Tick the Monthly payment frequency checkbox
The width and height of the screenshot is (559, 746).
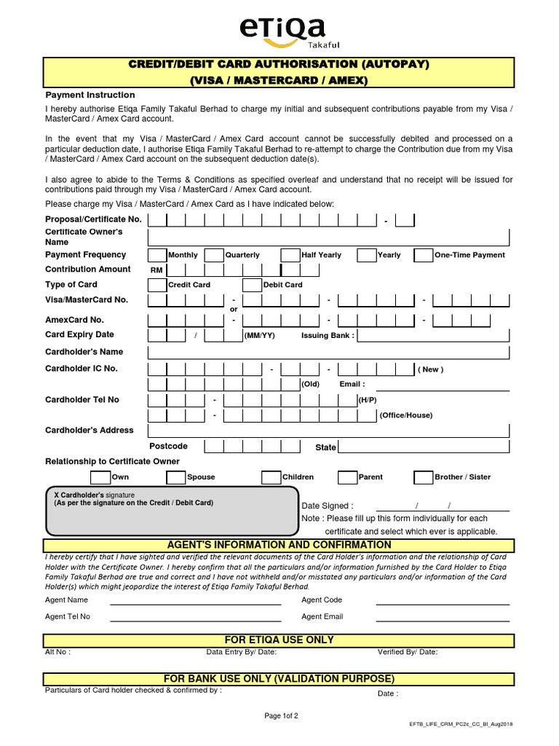coord(156,255)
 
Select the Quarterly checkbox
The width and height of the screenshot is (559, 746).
coord(213,255)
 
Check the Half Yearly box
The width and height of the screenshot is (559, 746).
coord(290,255)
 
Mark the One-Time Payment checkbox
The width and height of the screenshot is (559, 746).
coord(423,255)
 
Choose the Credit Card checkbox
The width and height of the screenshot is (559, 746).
coord(156,285)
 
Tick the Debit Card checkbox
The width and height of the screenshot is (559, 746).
coord(252,285)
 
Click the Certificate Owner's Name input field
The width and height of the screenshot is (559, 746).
coord(328,237)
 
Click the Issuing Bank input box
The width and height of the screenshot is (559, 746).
coord(433,335)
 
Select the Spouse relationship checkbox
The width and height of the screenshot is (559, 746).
coord(175,477)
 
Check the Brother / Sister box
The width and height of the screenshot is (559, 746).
coord(423,477)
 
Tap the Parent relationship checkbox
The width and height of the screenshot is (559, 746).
coord(347,477)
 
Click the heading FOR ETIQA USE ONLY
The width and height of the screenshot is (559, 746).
coord(279,640)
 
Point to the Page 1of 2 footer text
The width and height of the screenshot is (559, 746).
coord(280,716)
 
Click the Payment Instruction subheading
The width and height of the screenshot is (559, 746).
coord(90,95)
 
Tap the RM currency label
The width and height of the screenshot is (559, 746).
coord(156,270)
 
